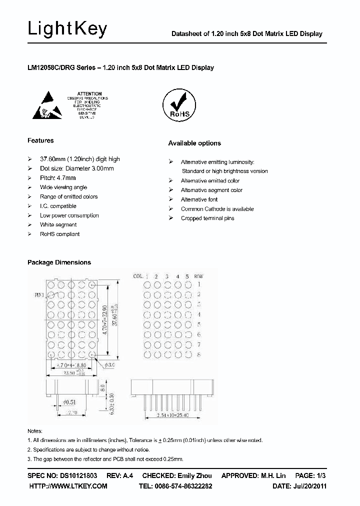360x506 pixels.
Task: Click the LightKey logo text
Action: (67, 29)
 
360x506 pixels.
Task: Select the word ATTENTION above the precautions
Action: (90, 93)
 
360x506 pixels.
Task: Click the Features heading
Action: (40, 140)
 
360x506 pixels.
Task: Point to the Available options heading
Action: (194, 143)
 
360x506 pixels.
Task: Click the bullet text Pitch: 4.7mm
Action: (58, 178)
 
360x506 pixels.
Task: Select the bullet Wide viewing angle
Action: (63, 187)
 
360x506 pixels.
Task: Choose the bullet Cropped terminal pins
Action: (207, 218)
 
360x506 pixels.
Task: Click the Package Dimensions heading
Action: (59, 262)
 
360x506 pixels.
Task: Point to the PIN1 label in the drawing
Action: (39, 295)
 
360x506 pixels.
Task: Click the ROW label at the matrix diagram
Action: (198, 276)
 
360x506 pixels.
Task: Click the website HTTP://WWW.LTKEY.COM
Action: (68, 486)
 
